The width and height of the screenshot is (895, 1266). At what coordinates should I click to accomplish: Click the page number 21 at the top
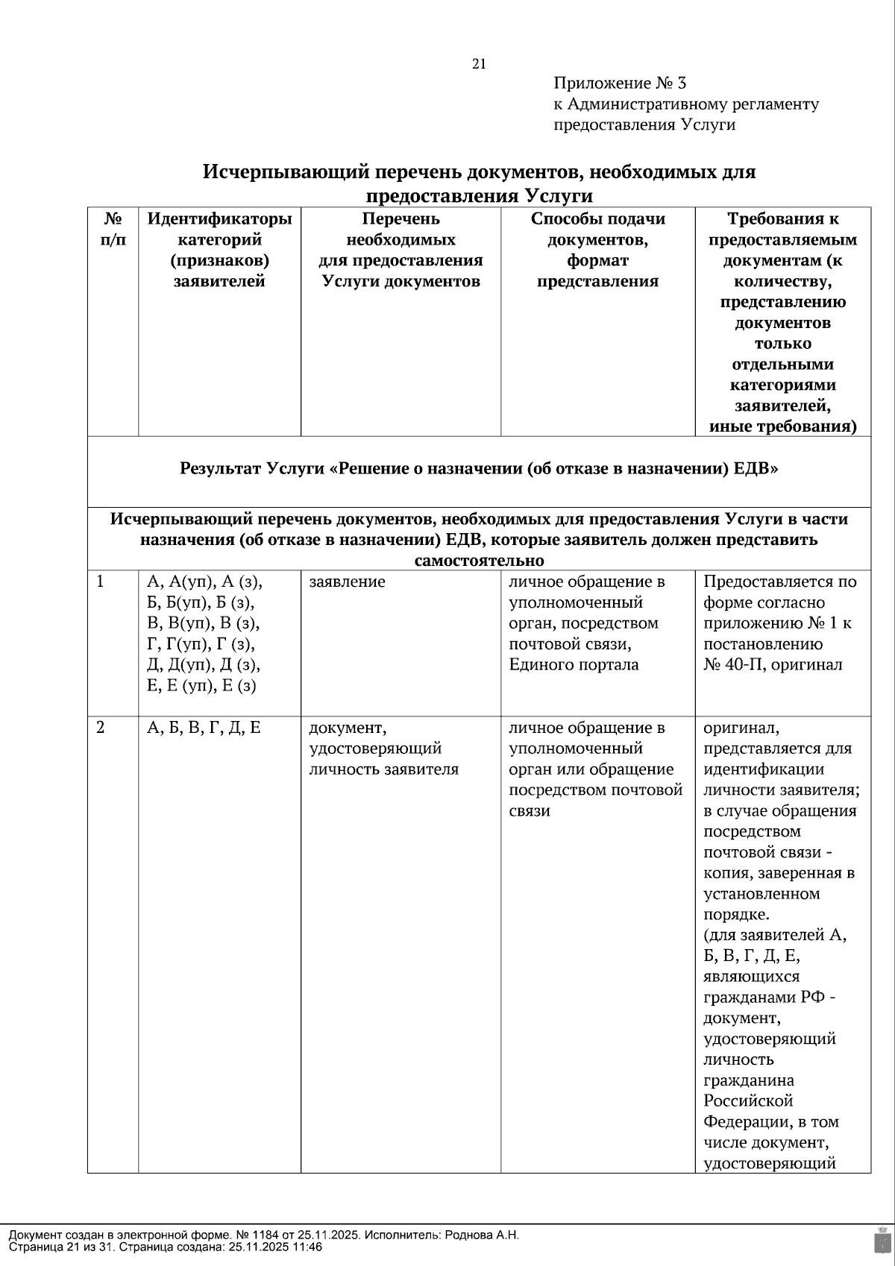pyautogui.click(x=479, y=64)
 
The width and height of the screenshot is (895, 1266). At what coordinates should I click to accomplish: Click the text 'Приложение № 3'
pyautogui.click(x=619, y=84)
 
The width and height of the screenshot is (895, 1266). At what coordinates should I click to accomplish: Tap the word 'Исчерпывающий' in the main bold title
pyautogui.click(x=286, y=172)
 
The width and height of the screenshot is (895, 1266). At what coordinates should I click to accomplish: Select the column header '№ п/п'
pyautogui.click(x=113, y=230)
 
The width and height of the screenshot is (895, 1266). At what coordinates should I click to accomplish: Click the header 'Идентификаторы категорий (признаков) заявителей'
pyautogui.click(x=219, y=250)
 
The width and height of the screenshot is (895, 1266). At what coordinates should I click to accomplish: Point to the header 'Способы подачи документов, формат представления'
pyautogui.click(x=597, y=250)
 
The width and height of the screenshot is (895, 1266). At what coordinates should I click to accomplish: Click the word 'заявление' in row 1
pyautogui.click(x=347, y=582)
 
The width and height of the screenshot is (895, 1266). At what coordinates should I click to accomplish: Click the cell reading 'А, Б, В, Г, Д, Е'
pyautogui.click(x=204, y=728)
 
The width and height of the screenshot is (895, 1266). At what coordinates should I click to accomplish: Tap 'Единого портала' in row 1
pyautogui.click(x=574, y=665)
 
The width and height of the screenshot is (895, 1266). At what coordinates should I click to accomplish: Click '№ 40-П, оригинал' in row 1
pyautogui.click(x=773, y=665)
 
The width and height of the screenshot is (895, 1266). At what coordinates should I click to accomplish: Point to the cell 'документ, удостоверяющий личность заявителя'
pyautogui.click(x=383, y=749)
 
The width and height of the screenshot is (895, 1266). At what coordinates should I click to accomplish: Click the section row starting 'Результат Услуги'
pyautogui.click(x=479, y=469)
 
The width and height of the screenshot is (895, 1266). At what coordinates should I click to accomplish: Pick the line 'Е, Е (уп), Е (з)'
pyautogui.click(x=201, y=686)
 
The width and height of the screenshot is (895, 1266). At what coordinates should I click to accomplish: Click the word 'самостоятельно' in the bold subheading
pyautogui.click(x=479, y=560)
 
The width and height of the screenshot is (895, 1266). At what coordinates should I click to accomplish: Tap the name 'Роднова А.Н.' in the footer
pyautogui.click(x=482, y=1235)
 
